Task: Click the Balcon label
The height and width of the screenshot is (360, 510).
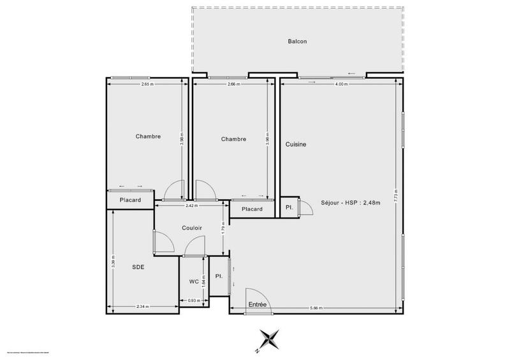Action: point(298,42)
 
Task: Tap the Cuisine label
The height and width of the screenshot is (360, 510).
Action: point(296,144)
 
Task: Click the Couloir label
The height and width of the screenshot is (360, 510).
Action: point(192,227)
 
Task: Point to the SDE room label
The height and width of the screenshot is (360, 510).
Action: point(138,267)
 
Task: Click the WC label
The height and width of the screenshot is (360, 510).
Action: point(194,281)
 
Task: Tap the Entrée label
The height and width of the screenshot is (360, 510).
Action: point(258,305)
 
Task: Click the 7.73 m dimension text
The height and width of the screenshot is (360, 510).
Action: point(396,193)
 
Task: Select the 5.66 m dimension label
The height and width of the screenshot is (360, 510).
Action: point(316,308)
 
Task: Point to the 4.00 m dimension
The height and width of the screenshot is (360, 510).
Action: point(342,84)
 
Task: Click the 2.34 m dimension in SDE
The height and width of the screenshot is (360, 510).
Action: point(143,307)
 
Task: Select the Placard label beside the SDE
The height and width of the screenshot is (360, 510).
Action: point(131,200)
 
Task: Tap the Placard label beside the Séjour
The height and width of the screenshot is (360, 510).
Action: point(252,209)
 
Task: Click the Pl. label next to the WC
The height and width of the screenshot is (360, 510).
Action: point(219,276)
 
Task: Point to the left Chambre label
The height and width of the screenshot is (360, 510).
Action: point(148,136)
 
